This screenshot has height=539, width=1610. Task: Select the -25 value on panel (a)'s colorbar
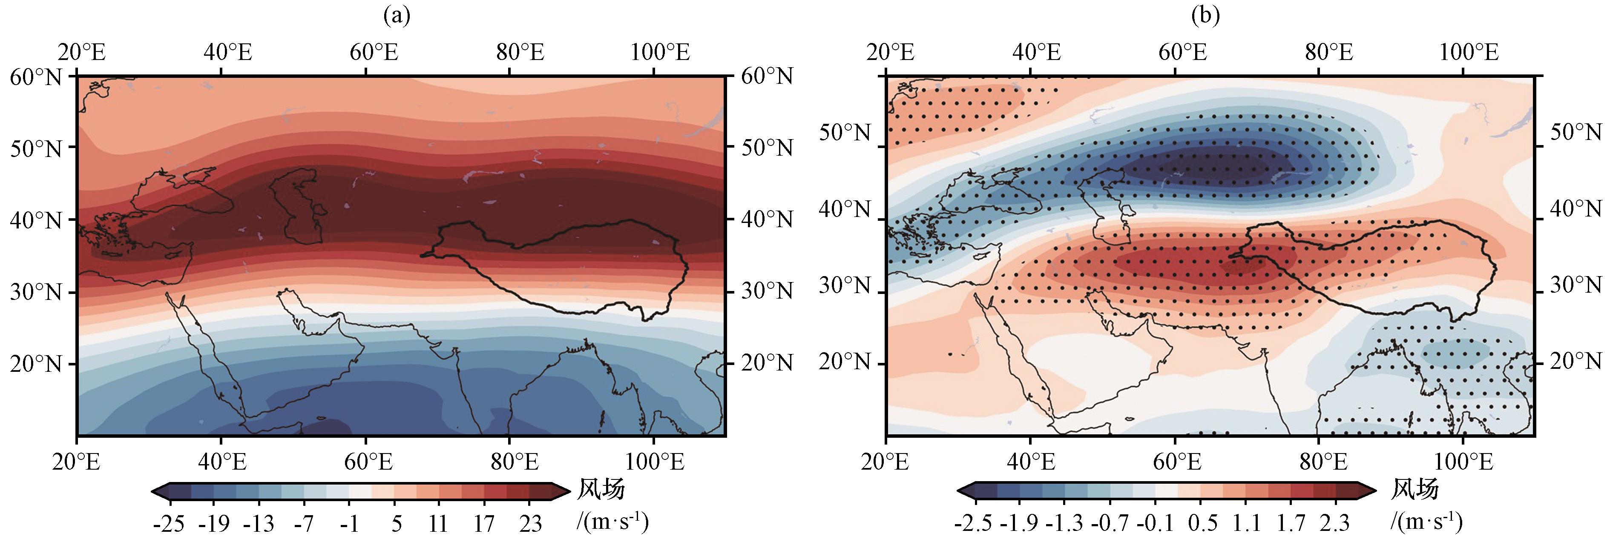coord(169,522)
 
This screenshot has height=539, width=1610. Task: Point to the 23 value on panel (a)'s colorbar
coord(531,522)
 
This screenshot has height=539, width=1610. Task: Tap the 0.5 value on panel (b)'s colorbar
coord(1199,522)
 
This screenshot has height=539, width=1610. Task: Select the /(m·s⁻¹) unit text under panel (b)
coord(1426,520)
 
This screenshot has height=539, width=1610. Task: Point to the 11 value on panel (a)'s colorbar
coord(439,522)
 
